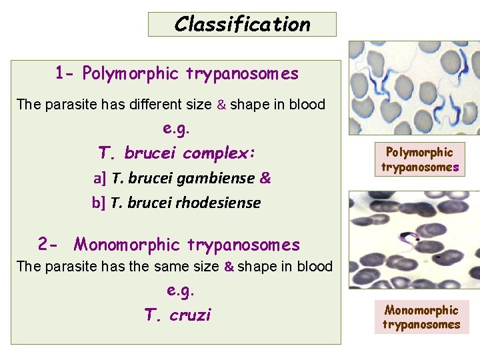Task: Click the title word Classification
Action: (x=242, y=25)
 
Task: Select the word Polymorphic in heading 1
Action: (x=131, y=73)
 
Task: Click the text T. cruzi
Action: (x=177, y=315)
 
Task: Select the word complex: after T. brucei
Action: (x=219, y=153)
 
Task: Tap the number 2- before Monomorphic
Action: (x=50, y=245)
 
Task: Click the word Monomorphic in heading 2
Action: (x=127, y=245)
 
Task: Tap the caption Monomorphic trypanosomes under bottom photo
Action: (x=421, y=317)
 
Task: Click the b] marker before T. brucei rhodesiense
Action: (x=99, y=203)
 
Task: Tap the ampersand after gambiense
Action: (x=265, y=178)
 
